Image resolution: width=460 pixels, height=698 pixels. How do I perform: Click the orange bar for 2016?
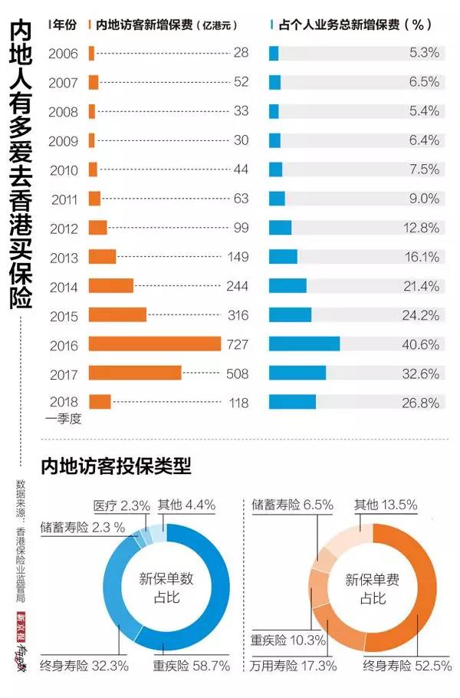coord(155,344)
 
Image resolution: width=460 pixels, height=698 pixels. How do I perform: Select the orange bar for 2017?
coord(135,373)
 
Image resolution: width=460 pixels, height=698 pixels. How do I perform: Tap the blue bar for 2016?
coord(304,344)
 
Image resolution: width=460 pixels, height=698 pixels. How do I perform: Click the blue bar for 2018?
coord(292,402)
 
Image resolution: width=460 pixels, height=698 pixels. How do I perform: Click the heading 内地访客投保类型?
coord(116,466)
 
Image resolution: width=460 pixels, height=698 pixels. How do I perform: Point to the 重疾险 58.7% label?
coord(192,666)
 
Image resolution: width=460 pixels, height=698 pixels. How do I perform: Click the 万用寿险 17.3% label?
coord(293,666)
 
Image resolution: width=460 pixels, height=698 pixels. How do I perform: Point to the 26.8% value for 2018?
coord(422,403)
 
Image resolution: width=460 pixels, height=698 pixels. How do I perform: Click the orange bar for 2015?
coord(117,314)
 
